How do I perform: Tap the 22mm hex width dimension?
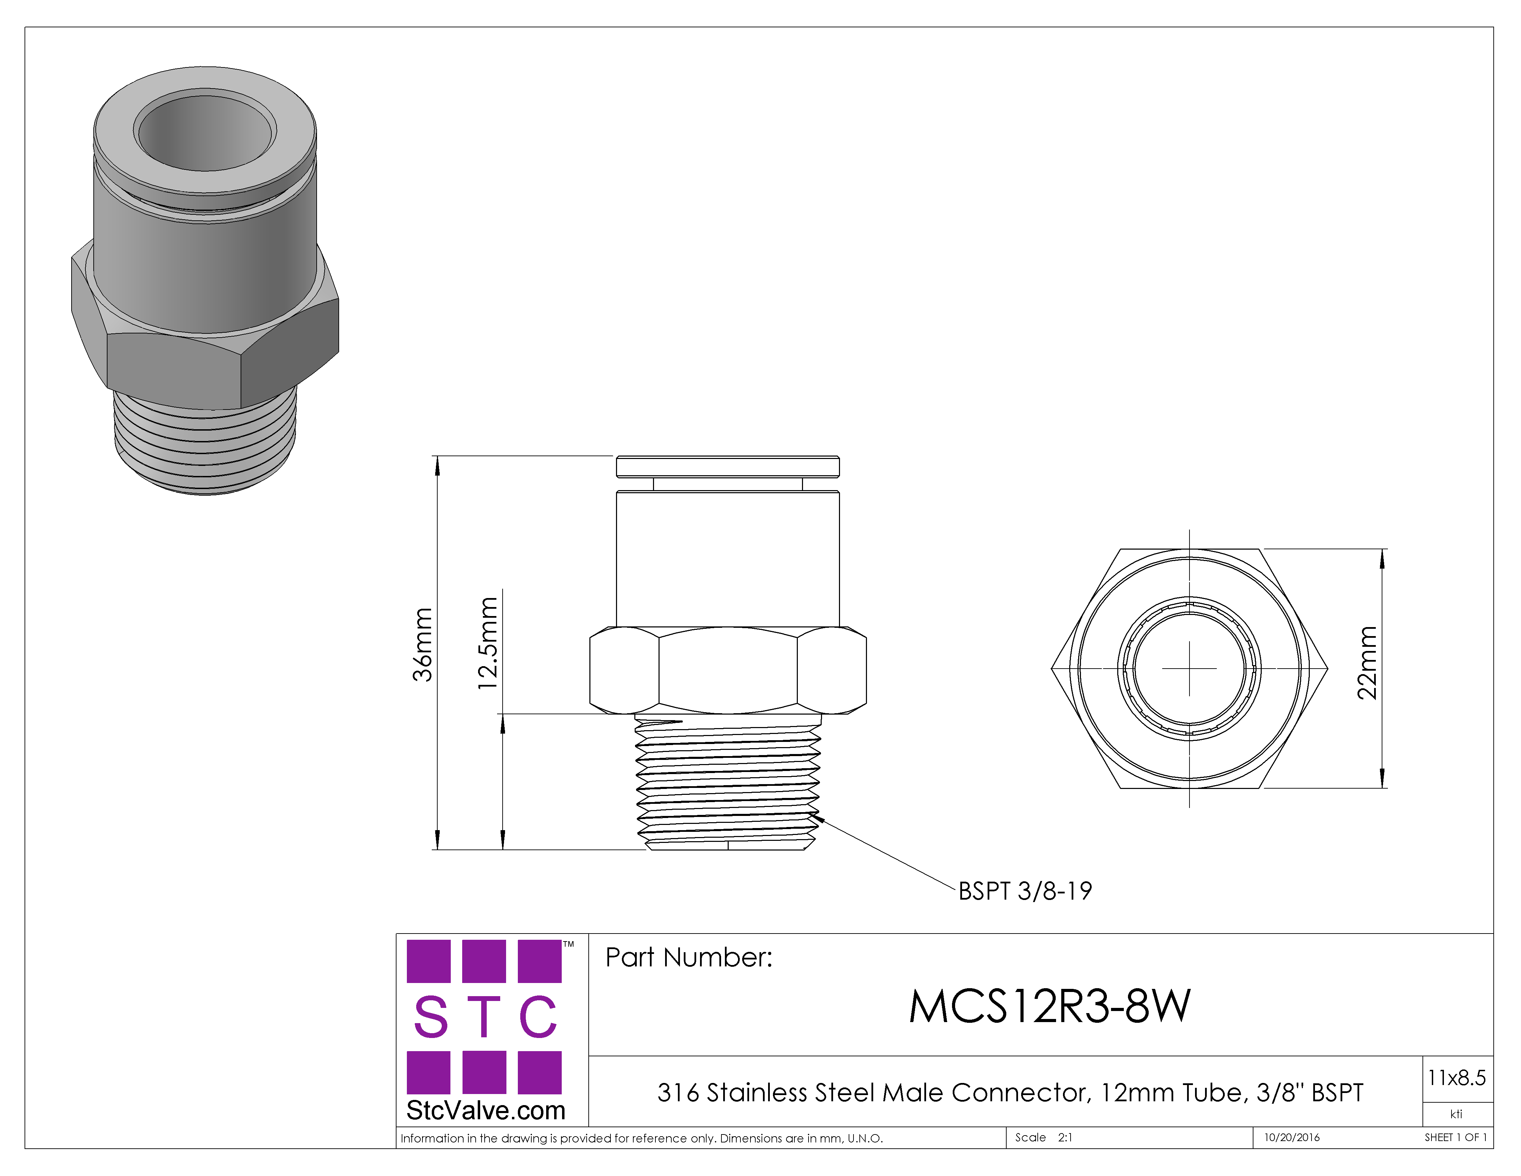tap(1367, 663)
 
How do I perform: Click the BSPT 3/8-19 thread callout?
tap(1025, 891)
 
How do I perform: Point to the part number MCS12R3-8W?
tap(1049, 1007)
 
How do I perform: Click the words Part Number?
tap(689, 958)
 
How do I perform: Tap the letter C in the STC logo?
tap(538, 1017)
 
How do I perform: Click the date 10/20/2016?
tap(1292, 1138)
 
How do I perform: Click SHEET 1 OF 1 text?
tap(1456, 1138)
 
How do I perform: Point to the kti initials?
tap(1456, 1114)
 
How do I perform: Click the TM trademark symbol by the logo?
tap(569, 945)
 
